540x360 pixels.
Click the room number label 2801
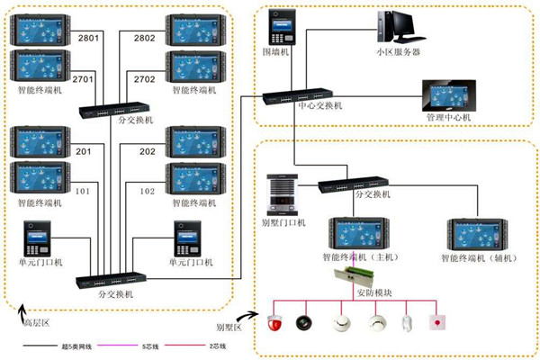coord(93,38)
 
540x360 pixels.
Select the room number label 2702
coord(145,79)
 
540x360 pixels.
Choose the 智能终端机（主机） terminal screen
coord(357,233)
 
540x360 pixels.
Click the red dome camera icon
coord(276,322)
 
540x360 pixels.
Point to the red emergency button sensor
coord(438,322)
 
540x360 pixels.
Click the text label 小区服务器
coord(399,52)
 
